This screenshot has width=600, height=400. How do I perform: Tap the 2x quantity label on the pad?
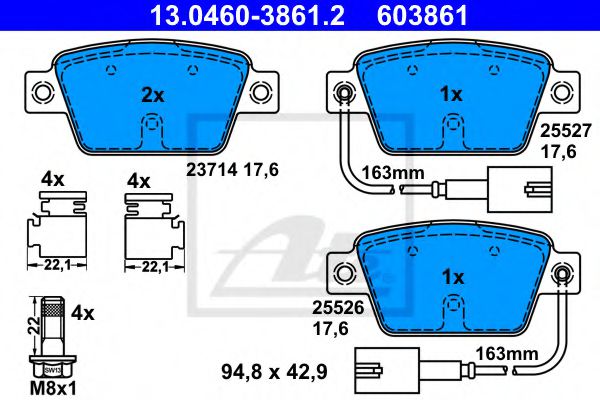151,96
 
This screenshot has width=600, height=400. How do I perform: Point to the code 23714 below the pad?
206,170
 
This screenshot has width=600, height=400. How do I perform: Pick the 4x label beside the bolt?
82,313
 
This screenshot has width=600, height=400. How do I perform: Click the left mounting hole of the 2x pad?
42,94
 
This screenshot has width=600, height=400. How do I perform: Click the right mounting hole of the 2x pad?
260,94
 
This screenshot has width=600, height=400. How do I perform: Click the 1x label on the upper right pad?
450,96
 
